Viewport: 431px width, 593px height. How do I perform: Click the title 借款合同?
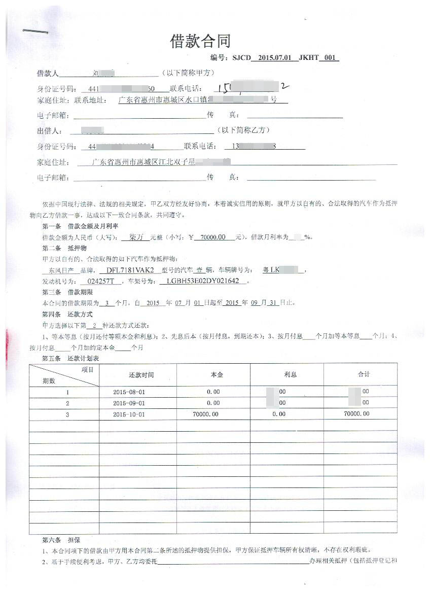tap(200, 41)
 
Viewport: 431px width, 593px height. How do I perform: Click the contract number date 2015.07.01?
tap(274, 58)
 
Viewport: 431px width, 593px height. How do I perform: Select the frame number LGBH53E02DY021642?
tap(202, 281)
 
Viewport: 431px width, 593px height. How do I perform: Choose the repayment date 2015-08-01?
tap(129, 392)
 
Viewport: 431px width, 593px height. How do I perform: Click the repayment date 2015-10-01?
tap(129, 414)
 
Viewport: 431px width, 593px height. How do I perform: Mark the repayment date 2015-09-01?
tap(129, 403)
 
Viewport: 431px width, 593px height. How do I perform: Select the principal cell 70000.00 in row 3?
tap(206, 414)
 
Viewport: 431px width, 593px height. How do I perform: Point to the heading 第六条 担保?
tap(59, 539)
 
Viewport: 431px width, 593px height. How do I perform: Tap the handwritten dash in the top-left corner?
tap(35, 32)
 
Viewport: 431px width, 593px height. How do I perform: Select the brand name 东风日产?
tap(59, 270)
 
